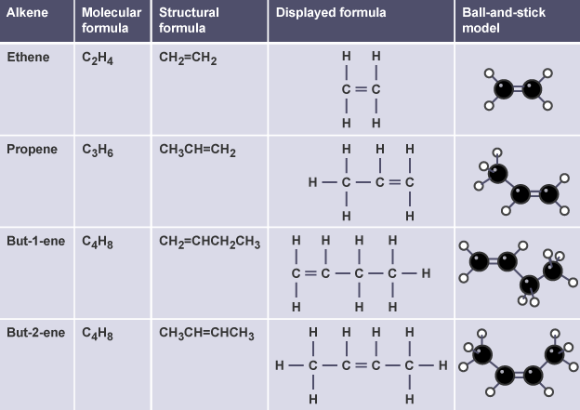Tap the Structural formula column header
pos(189,20)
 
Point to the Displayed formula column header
pos(330,13)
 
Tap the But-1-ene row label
pos(35,241)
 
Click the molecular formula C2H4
pos(97,59)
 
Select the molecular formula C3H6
pos(97,150)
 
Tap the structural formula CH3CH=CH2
pos(197,150)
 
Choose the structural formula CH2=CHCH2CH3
pos(209,242)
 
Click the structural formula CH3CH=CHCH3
pos(205,333)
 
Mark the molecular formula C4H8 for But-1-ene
pos(97,242)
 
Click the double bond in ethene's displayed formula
pos(361,90)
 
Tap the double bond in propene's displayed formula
pos(394,181)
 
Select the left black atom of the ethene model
pos(503,89)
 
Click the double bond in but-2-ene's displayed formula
pos(361,365)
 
